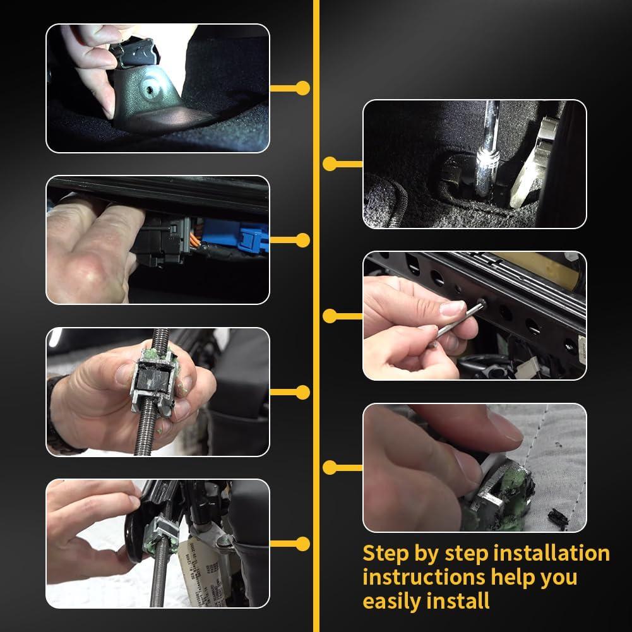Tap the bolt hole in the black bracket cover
pyautogui.click(x=150, y=86)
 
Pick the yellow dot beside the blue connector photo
pyautogui.click(x=303, y=240)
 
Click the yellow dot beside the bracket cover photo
pyautogui.click(x=303, y=88)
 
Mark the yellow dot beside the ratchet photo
pyautogui.click(x=330, y=164)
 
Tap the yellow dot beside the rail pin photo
pyautogui.click(x=330, y=316)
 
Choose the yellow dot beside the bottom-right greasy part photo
pyautogui.click(x=330, y=467)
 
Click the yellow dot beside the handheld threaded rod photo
pyautogui.click(x=303, y=392)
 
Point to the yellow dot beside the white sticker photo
pyautogui.click(x=303, y=544)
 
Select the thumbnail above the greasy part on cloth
pyautogui.click(x=474, y=316)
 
